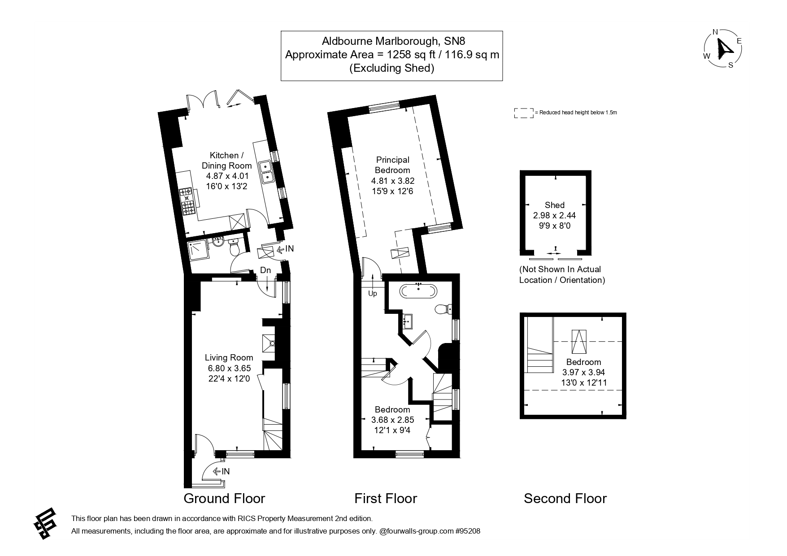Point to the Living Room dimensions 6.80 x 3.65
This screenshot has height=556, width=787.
pos(229,368)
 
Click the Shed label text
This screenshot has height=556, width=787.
pos(554,205)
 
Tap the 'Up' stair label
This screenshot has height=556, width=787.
pos(372,294)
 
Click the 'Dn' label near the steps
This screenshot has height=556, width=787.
pos(265,270)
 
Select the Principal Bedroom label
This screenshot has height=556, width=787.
pos(392,165)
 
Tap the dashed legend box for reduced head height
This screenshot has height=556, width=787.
pos(523,113)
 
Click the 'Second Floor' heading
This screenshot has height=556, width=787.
pos(565,498)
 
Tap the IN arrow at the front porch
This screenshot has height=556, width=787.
pos(222,471)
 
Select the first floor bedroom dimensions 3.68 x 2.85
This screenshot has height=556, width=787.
pos(392,420)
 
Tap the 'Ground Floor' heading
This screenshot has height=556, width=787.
pos(224,498)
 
